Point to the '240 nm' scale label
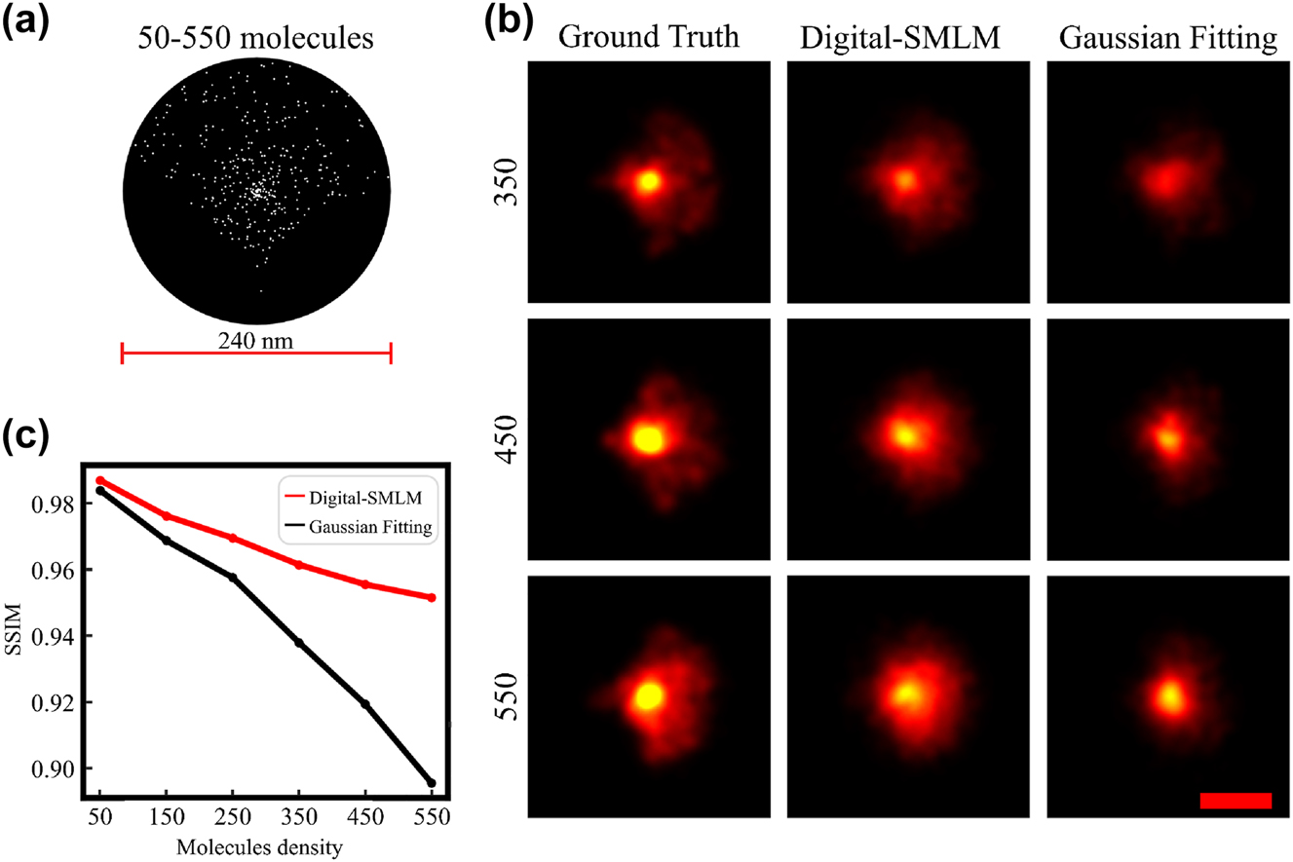tap(256, 341)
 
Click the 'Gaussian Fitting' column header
tap(1167, 39)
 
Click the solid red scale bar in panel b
tap(1236, 801)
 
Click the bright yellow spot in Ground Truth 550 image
tap(647, 695)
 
